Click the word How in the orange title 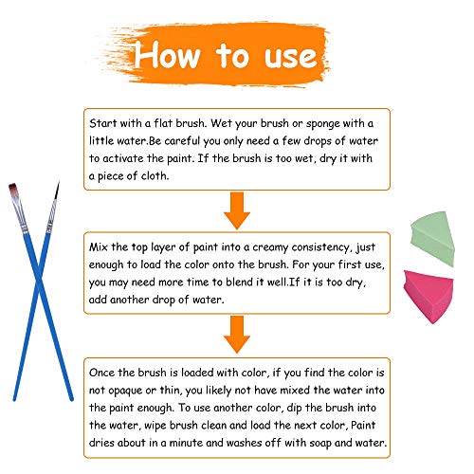[x=167, y=54]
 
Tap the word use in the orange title [x=291, y=57]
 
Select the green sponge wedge [x=432, y=238]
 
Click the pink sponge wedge [x=428, y=296]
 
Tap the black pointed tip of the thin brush [x=57, y=191]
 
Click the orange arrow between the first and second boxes [x=237, y=210]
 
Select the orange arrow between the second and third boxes [x=237, y=335]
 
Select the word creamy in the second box [x=270, y=247]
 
